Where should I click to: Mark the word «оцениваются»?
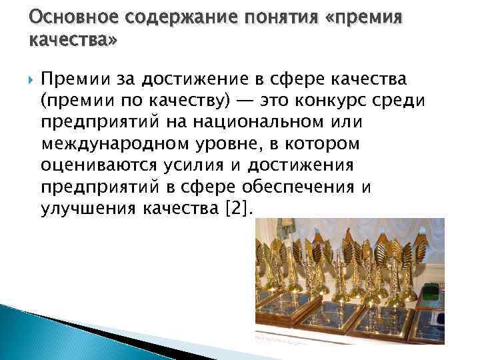pyautogui.click(x=97, y=165)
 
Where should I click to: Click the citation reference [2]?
pyautogui.click(x=240, y=207)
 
